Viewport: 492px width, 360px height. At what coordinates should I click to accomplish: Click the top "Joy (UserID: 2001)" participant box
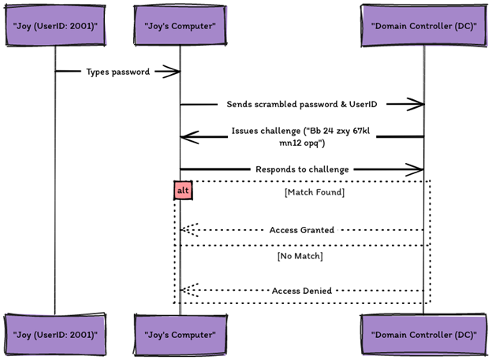click(x=54, y=27)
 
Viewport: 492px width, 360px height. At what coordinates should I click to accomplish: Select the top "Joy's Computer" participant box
click(x=181, y=27)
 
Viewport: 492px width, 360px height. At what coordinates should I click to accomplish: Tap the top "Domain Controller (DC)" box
click(x=423, y=27)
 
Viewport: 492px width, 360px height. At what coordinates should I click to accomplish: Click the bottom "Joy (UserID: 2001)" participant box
click(x=54, y=334)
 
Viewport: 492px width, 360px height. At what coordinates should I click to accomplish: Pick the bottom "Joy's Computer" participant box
click(x=181, y=334)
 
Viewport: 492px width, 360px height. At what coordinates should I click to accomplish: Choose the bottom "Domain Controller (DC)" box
click(x=423, y=334)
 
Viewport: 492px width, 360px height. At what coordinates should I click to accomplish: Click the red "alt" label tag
click(x=182, y=190)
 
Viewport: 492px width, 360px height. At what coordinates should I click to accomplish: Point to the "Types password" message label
click(x=117, y=72)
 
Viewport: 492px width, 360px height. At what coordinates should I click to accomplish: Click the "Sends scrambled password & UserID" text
click(x=302, y=104)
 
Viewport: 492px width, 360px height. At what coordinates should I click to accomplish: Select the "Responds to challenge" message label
click(x=302, y=169)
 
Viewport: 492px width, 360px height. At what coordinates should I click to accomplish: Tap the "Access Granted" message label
click(x=302, y=230)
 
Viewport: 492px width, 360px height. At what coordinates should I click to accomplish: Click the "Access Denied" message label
click(x=302, y=291)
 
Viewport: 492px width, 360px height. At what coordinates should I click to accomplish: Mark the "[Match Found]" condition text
click(x=314, y=191)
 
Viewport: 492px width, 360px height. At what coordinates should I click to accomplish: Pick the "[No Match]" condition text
click(x=300, y=256)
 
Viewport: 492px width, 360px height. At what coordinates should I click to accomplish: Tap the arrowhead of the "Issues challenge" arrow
click(x=185, y=137)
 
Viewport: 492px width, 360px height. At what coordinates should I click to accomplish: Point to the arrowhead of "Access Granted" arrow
click(x=186, y=230)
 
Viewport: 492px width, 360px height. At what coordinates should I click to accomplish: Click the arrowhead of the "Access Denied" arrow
click(x=186, y=291)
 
